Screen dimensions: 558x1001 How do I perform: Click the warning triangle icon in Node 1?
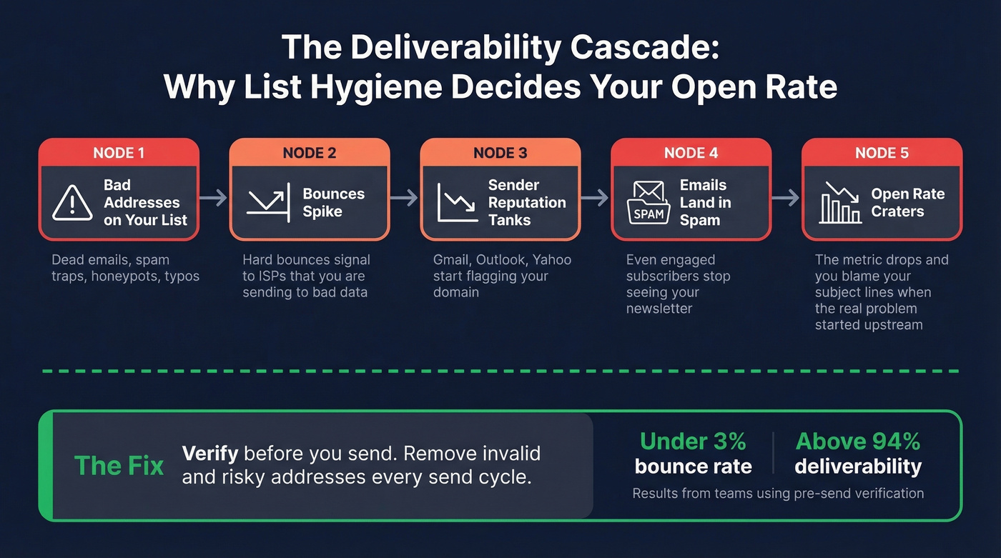(x=72, y=202)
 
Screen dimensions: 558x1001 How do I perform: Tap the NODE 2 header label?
(x=309, y=153)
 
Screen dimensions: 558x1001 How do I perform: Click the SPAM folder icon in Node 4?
(x=648, y=202)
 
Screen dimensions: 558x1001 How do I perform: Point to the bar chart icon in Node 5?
(x=841, y=202)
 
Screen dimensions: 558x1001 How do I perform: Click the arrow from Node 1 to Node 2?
(x=213, y=198)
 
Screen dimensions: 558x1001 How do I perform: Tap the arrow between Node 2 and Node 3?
(x=404, y=198)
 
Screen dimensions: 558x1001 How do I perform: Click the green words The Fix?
(x=119, y=466)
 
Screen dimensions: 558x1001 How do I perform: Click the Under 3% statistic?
(x=693, y=442)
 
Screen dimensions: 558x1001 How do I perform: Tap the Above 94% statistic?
(x=858, y=442)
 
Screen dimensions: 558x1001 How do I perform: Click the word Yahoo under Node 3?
(x=552, y=259)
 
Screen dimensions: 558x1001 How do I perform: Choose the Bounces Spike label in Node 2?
(x=333, y=202)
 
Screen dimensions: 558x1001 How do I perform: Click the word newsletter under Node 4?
(x=659, y=309)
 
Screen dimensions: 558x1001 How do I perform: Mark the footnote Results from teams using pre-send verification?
(x=778, y=493)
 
